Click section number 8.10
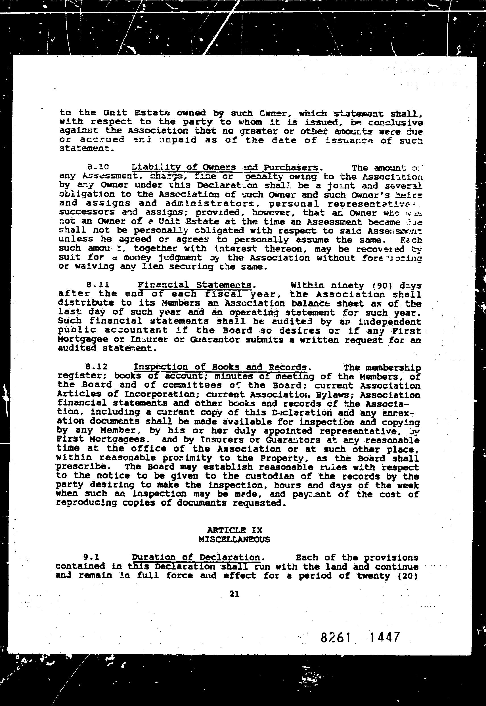click(x=98, y=167)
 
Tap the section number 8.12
click(x=97, y=367)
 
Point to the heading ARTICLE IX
click(x=234, y=530)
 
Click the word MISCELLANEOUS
click(x=234, y=539)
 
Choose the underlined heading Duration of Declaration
click(x=196, y=558)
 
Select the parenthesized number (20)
click(x=407, y=576)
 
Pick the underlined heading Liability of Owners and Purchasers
click(x=225, y=167)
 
